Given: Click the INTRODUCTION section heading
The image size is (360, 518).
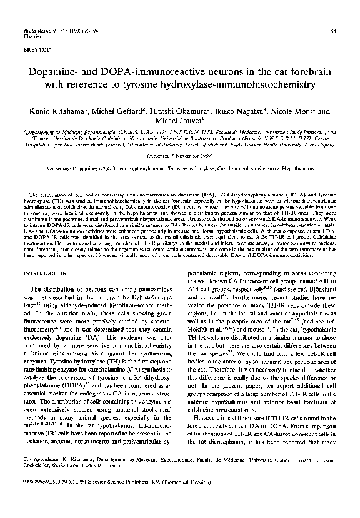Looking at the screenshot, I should [x=43, y=258].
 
